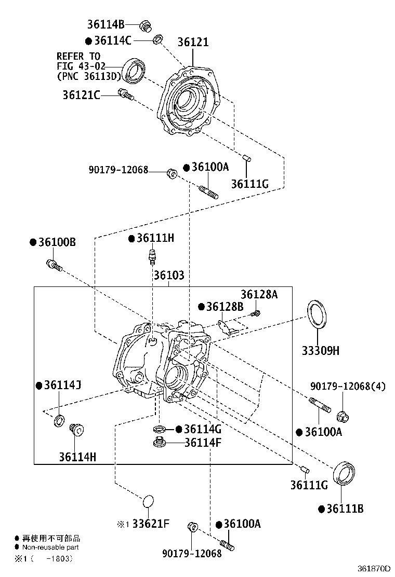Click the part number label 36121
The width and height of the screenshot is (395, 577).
pyautogui.click(x=193, y=42)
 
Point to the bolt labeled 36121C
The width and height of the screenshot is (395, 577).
pyautogui.click(x=126, y=95)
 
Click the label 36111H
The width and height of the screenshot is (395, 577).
pyautogui.click(x=155, y=238)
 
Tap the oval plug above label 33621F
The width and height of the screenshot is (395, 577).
pyautogui.click(x=148, y=501)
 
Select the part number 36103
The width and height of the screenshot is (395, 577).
pyautogui.click(x=168, y=276)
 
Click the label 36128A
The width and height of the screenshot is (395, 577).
pyautogui.click(x=259, y=294)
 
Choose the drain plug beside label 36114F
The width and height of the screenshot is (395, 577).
pyautogui.click(x=159, y=443)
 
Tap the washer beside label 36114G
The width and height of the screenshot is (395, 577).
pyautogui.click(x=160, y=429)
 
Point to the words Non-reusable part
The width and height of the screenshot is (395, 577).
pyautogui.click(x=50, y=547)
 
